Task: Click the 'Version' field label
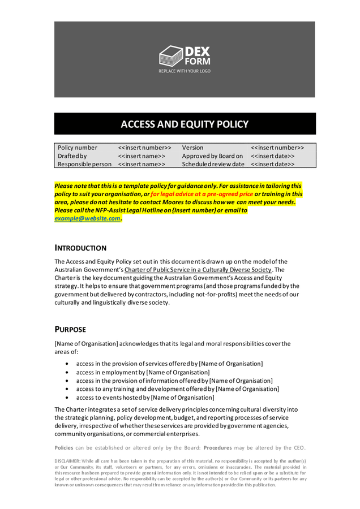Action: coord(192,148)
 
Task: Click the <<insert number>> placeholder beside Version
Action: coord(277,148)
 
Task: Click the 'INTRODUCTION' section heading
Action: coord(85,247)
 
